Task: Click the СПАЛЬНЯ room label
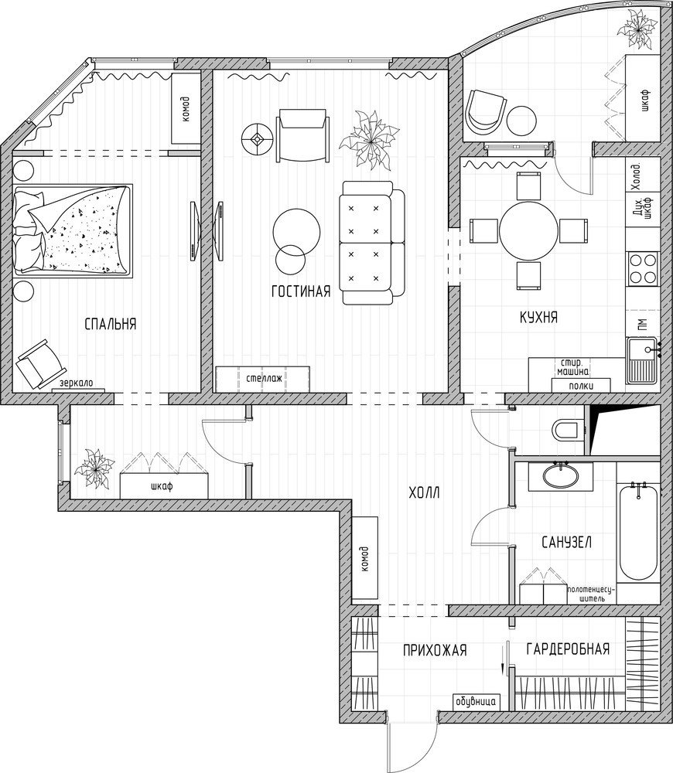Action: click(111, 324)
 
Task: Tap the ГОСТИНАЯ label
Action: click(301, 291)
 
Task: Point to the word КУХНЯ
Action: click(539, 317)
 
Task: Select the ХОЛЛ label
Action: click(424, 492)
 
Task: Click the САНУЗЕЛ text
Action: click(566, 543)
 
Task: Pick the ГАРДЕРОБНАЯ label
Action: click(568, 649)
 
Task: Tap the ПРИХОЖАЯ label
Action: click(435, 651)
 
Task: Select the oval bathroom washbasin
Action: click(561, 475)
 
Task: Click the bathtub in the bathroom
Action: click(638, 532)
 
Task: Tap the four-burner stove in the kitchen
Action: click(643, 268)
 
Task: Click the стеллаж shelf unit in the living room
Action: click(262, 379)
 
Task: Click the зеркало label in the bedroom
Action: click(76, 383)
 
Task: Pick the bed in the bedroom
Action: click(73, 230)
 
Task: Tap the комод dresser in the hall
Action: click(365, 558)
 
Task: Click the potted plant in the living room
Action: click(369, 140)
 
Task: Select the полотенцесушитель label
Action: click(591, 594)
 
